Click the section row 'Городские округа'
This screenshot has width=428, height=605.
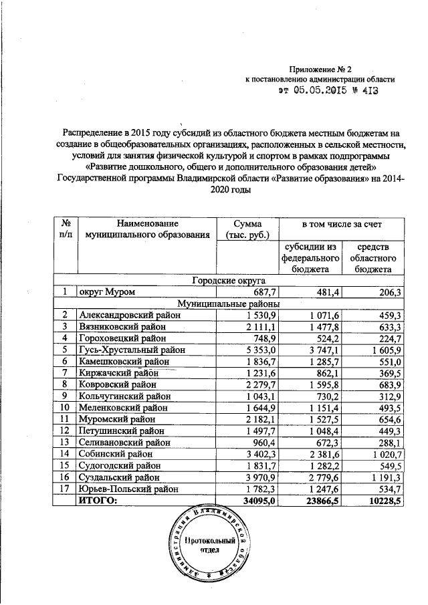[x=229, y=281]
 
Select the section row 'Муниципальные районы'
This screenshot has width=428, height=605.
[x=229, y=304]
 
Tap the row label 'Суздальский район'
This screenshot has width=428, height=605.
[x=120, y=478]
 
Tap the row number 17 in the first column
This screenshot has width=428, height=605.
[x=65, y=489]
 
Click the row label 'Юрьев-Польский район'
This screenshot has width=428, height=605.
[x=128, y=489]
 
